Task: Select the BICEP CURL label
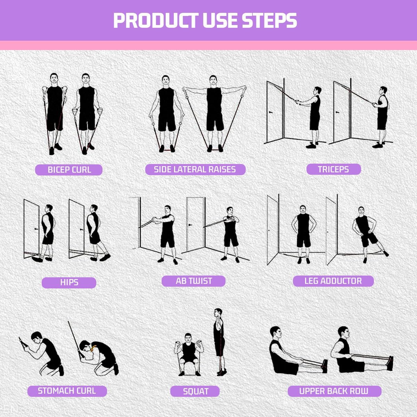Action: point(69,170)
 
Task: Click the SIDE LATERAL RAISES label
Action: point(195,170)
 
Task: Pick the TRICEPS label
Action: point(333,170)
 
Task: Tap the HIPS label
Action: point(69,283)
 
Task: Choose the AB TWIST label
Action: point(194,281)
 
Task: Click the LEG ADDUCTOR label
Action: point(333,281)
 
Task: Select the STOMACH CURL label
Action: point(67,391)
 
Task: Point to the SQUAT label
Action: point(195,391)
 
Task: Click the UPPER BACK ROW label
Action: point(334,391)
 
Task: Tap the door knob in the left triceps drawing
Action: point(271,112)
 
